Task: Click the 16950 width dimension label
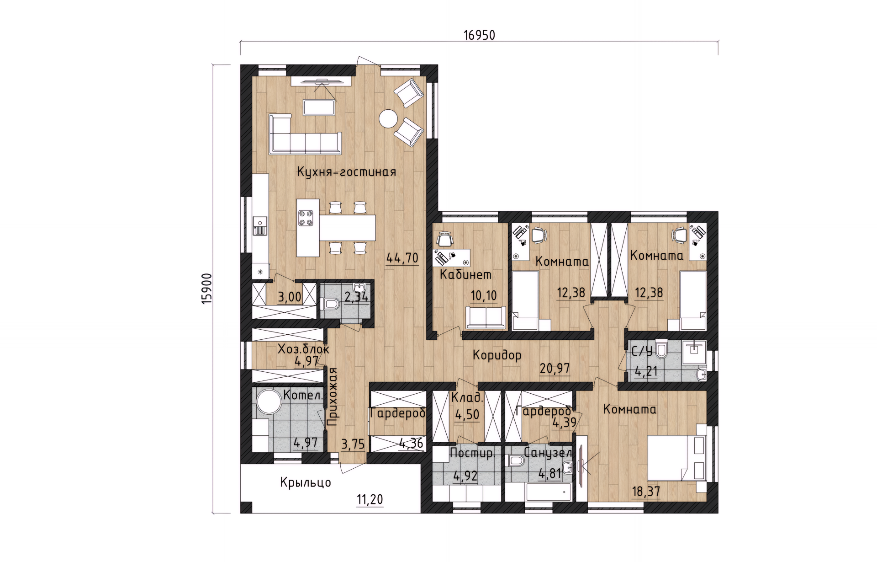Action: click(x=479, y=35)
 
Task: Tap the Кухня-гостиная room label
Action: click(x=346, y=172)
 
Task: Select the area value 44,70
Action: click(x=402, y=258)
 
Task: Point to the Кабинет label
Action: click(x=466, y=274)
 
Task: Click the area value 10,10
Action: click(x=484, y=296)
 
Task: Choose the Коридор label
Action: click(x=497, y=355)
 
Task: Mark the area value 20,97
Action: click(x=555, y=368)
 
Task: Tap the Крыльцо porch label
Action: click(x=306, y=482)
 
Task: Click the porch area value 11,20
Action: click(x=370, y=499)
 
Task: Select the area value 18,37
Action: click(x=646, y=492)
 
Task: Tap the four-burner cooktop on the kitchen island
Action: click(x=306, y=218)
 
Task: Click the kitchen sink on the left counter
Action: click(x=260, y=225)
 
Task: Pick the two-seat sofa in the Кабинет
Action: click(x=486, y=317)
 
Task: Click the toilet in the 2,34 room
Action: click(x=330, y=304)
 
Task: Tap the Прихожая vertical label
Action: click(x=332, y=396)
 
